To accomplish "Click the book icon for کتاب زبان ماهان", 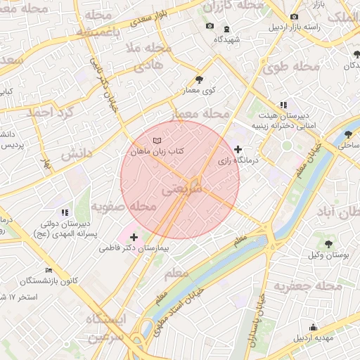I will click(x=166, y=141).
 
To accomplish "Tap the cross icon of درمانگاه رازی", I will click(x=238, y=149).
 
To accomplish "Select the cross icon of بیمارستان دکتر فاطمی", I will click(x=134, y=237).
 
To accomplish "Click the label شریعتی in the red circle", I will click(x=181, y=190).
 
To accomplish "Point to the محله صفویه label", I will click(x=123, y=207).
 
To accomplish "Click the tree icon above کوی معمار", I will click(x=199, y=79).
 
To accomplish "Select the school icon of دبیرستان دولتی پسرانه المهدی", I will click(x=65, y=212).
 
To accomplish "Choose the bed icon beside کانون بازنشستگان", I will click(x=49, y=270).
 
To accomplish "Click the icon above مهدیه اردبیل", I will click(x=313, y=327).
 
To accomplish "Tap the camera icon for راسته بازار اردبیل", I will click(x=294, y=16).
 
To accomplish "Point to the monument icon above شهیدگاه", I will click(x=226, y=29).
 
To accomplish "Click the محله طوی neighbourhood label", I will click(x=285, y=67).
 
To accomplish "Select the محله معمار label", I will click(x=202, y=112).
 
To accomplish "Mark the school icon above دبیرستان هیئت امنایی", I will click(x=283, y=104).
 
